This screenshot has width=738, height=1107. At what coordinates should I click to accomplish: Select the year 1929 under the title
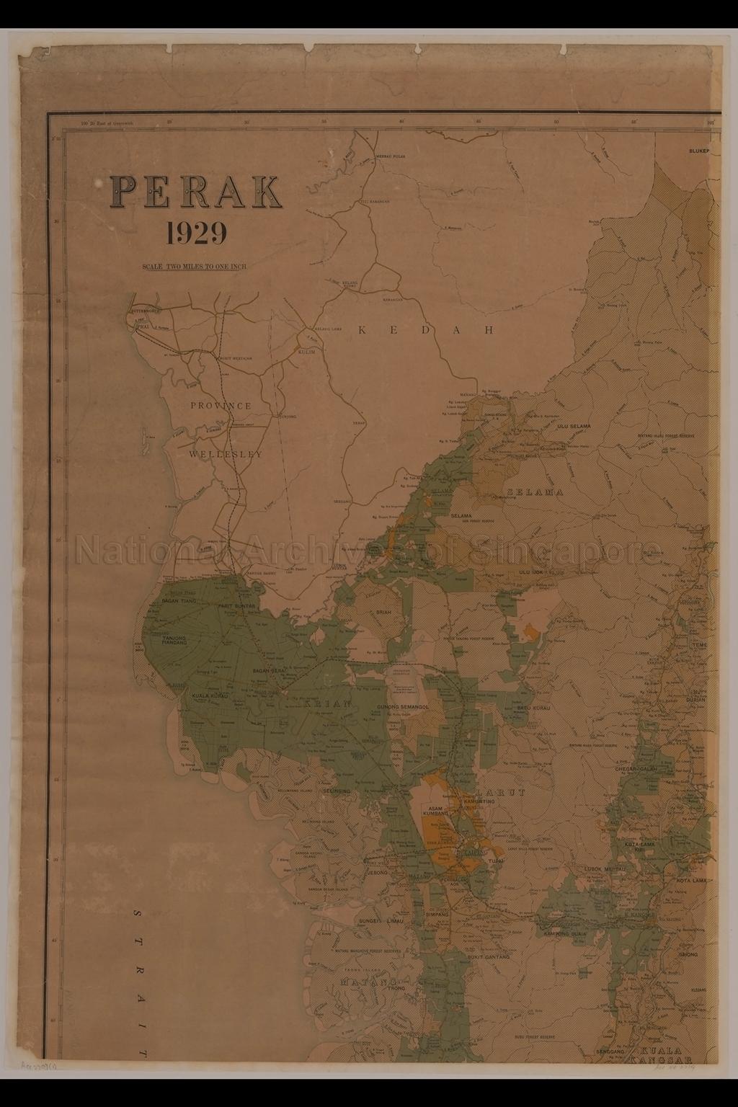[196, 233]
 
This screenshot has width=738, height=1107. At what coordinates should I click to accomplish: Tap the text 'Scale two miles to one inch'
[195, 267]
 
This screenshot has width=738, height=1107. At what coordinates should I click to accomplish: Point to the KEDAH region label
[426, 330]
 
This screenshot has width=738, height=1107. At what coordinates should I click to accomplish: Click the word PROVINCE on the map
[221, 406]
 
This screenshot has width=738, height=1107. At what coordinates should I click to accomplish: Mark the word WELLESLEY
[226, 455]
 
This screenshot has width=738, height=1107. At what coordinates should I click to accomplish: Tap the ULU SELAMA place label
[574, 427]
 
